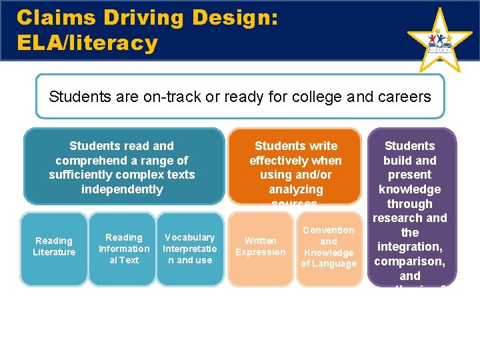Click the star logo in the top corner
click(x=439, y=41)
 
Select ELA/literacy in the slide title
click(x=87, y=43)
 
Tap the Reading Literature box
click(x=54, y=247)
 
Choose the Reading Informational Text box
click(x=124, y=249)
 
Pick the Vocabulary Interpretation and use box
click(x=190, y=249)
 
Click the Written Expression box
click(x=260, y=247)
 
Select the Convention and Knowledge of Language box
click(x=329, y=247)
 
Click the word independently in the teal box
click(x=122, y=189)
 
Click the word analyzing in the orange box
click(x=295, y=189)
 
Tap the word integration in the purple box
click(x=410, y=247)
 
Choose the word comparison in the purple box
click(x=410, y=261)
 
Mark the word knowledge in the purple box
click(x=410, y=189)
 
